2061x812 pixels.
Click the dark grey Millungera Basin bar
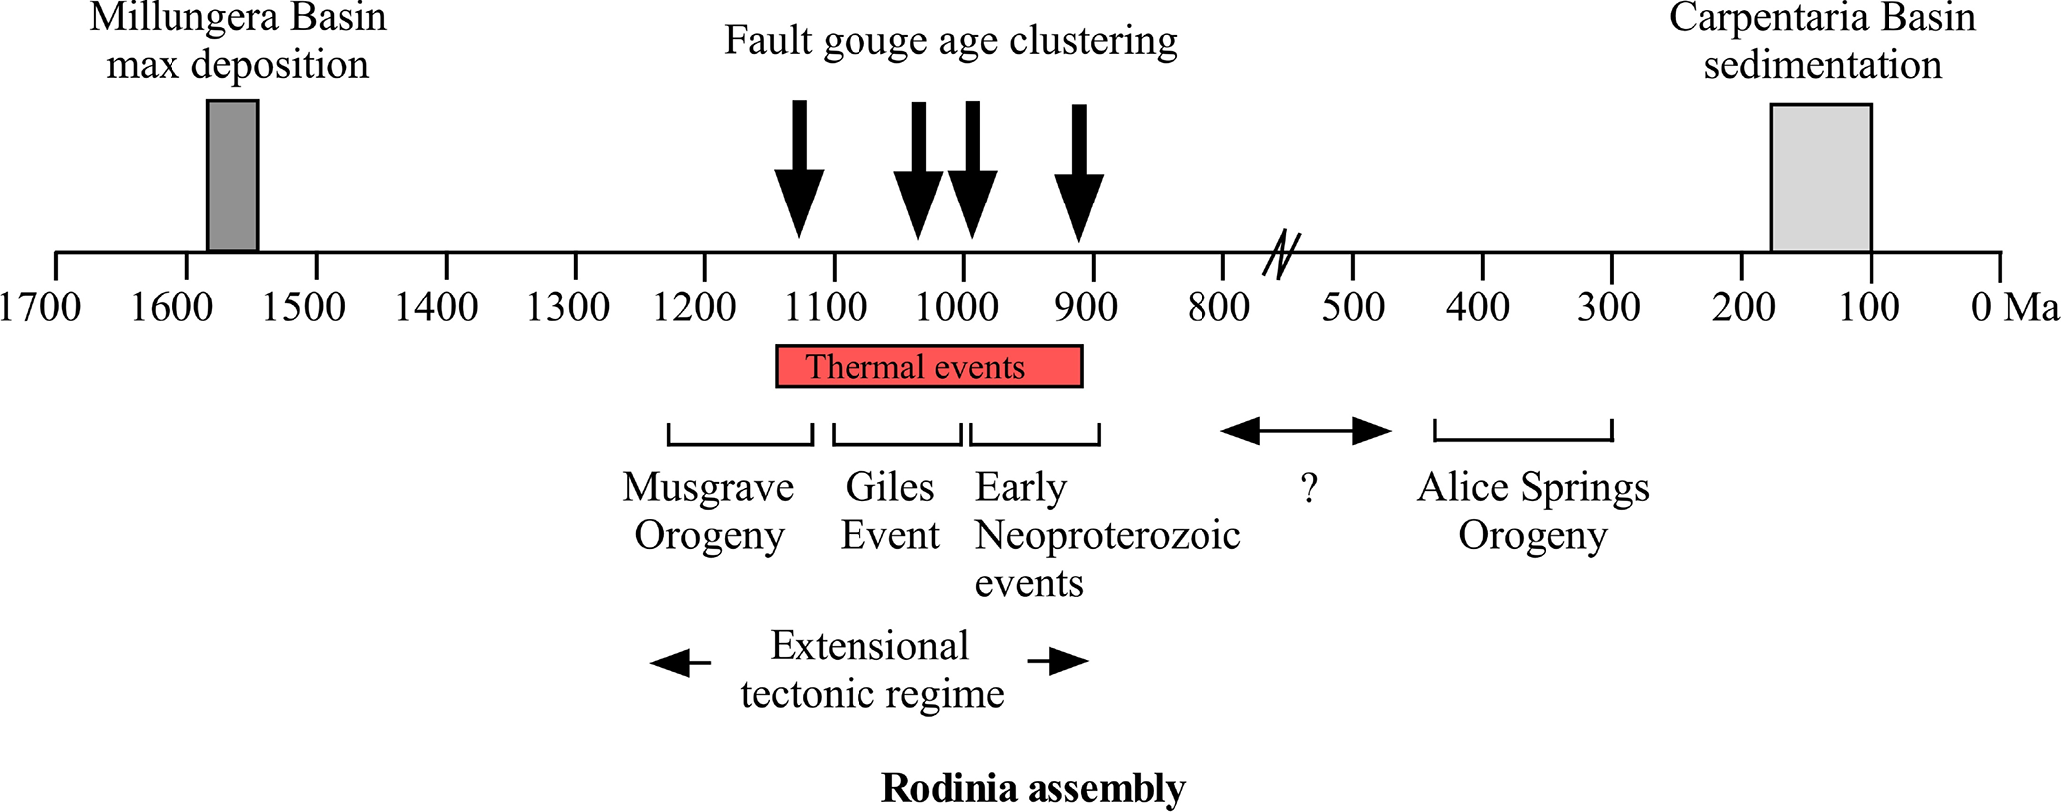tap(232, 176)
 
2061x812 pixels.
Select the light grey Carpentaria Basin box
tap(1820, 178)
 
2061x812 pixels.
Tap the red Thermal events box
tap(928, 367)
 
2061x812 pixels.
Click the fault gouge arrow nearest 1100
tap(799, 170)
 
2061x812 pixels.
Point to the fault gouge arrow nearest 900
tap(1079, 173)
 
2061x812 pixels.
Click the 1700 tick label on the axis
tap(40, 307)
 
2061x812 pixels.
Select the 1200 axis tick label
tap(695, 307)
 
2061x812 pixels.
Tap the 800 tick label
tap(1217, 307)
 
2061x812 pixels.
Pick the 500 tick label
tap(1353, 307)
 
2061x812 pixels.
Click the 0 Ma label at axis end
tap(2014, 307)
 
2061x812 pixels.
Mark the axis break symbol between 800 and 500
tap(1282, 254)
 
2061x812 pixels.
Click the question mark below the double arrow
tap(1309, 489)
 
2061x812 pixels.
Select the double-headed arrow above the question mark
tap(1305, 431)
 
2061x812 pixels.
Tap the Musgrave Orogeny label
tap(708, 511)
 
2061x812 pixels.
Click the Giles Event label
tap(889, 511)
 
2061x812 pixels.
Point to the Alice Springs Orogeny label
tap(1533, 511)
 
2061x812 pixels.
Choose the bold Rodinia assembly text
tap(1033, 788)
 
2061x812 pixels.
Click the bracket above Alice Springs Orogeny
tap(1523, 436)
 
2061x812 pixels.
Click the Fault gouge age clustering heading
tap(949, 41)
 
